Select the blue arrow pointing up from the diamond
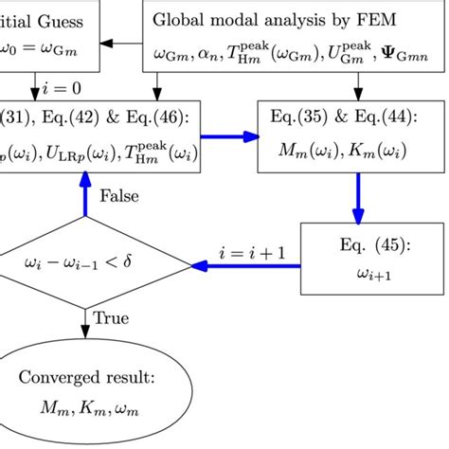click(86, 194)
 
